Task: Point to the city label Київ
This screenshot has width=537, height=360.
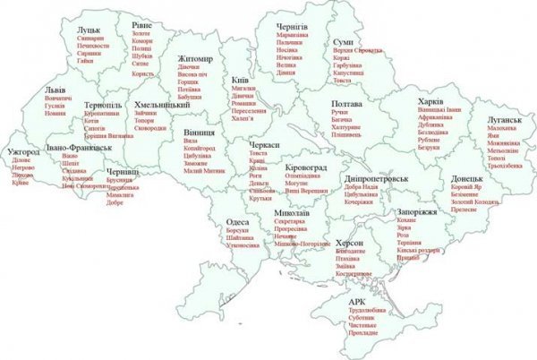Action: [240, 79]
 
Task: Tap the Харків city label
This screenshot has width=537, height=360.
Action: [433, 100]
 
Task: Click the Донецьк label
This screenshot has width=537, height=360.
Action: [468, 178]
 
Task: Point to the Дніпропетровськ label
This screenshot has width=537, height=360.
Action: [376, 179]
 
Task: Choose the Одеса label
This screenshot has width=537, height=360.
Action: [236, 221]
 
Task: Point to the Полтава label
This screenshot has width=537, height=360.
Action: [345, 104]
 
